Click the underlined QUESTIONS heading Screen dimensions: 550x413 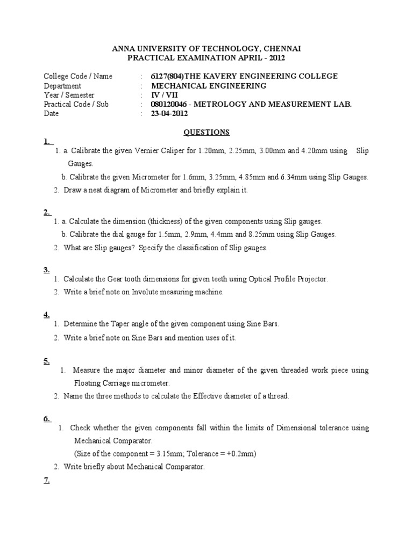pos(206,132)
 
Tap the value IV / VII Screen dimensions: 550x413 pos(165,95)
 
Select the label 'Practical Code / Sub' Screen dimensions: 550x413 pos(76,104)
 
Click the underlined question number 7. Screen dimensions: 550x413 pos(46,481)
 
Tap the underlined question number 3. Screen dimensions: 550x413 pos(46,270)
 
